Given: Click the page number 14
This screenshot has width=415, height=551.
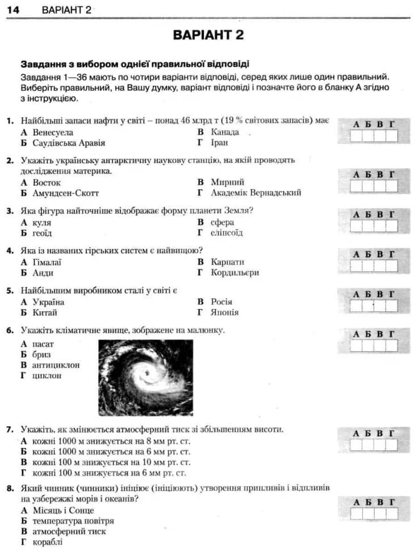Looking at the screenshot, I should coord(14,10).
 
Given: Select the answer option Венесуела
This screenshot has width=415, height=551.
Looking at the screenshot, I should coord(53,132).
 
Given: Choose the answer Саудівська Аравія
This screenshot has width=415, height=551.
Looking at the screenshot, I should coord(69,143).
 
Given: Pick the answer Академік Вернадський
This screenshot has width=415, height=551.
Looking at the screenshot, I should coord(255,193).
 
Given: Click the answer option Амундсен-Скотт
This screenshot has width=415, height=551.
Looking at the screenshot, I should coord(65,193).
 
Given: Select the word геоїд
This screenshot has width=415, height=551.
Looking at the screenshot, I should coord(42,233).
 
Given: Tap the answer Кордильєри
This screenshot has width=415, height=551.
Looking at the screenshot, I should coord(234,273).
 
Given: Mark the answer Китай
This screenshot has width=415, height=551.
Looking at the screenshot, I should coord(45,312).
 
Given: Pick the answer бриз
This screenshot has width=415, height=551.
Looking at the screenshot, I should coord(41,354).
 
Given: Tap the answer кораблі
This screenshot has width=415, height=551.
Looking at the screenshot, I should coord(48,542).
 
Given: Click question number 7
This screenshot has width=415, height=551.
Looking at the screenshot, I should coord(10,429).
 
